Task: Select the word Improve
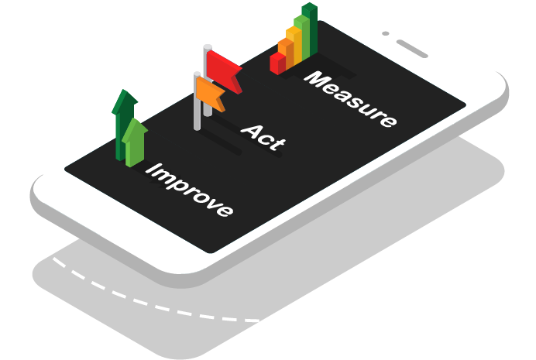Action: click(x=191, y=190)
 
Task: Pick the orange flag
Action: click(x=210, y=92)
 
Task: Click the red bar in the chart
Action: click(x=277, y=63)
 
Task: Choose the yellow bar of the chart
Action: click(x=294, y=45)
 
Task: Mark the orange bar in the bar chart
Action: click(x=286, y=53)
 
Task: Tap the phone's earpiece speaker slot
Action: click(x=413, y=49)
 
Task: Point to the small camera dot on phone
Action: click(x=385, y=34)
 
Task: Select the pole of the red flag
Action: click(x=207, y=85)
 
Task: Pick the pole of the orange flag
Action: click(x=197, y=105)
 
